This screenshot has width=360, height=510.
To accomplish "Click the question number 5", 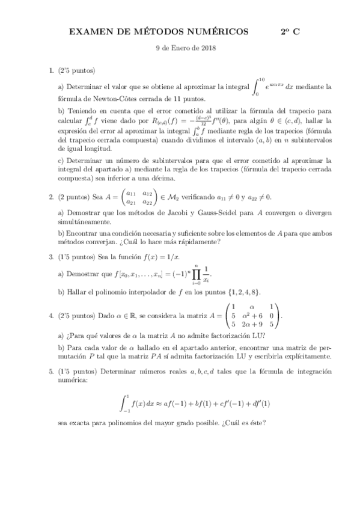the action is click(50, 372).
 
